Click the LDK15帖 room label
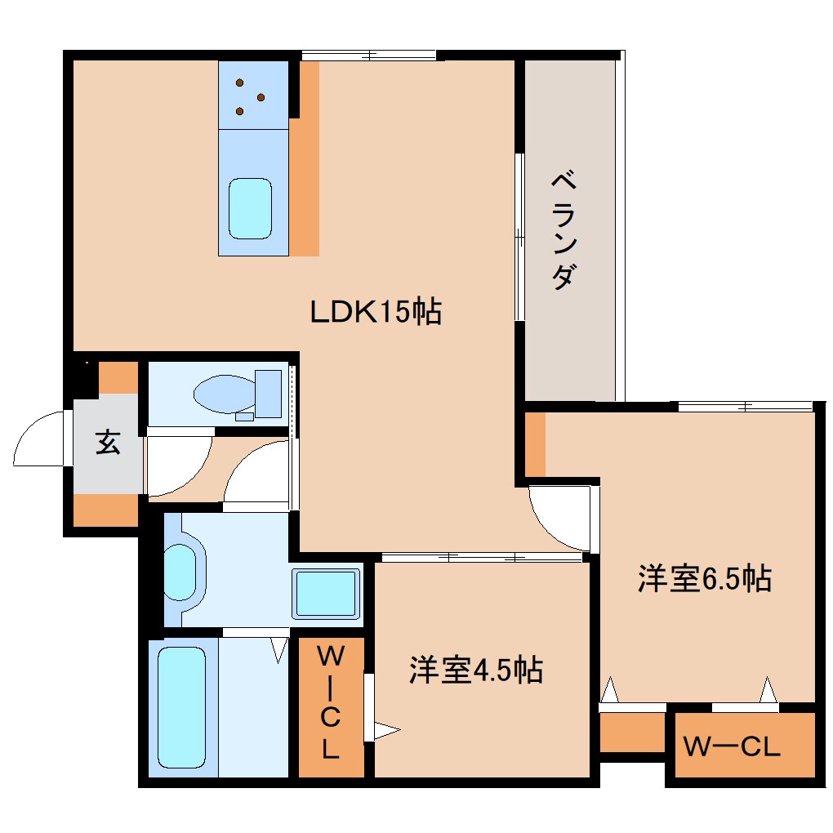tap(376, 311)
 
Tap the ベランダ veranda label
tap(563, 230)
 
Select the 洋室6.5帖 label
tap(704, 579)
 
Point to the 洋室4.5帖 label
tap(476, 670)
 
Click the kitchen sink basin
tap(250, 209)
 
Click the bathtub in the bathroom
tap(181, 707)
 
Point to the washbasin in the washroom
tap(181, 568)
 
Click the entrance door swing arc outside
tap(39, 441)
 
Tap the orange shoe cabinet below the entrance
tap(106, 510)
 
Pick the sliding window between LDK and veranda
tap(519, 237)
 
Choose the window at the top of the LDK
tap(369, 56)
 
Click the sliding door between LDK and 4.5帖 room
tap(482, 558)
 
